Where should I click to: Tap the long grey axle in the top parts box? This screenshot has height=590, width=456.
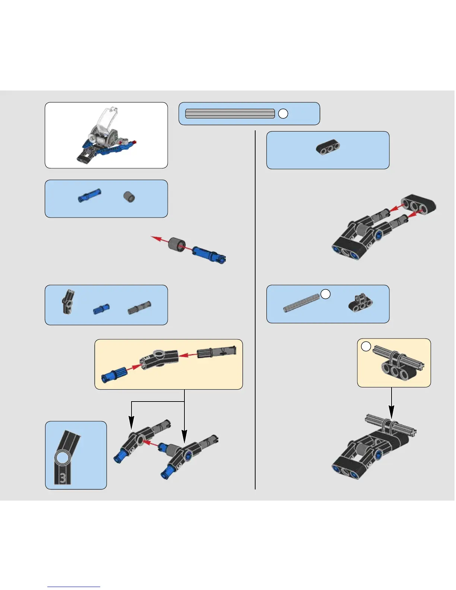tap(230, 114)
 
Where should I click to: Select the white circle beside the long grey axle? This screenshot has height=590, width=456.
tap(283, 114)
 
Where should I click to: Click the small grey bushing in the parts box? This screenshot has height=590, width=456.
tap(129, 197)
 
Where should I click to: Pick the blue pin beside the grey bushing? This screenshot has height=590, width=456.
tap(89, 195)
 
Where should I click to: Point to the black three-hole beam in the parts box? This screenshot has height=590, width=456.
tap(328, 147)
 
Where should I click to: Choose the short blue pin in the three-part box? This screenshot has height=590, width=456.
tap(101, 308)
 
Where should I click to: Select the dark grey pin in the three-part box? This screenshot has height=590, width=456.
tap(139, 308)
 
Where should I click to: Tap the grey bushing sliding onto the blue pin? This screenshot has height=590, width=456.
tap(177, 244)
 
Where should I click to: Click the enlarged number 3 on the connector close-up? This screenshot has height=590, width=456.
tap(63, 478)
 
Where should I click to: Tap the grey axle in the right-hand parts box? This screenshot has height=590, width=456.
tap(301, 303)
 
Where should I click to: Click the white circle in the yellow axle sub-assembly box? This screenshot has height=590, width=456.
tap(366, 346)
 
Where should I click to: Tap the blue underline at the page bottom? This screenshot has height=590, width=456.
tap(74, 587)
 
